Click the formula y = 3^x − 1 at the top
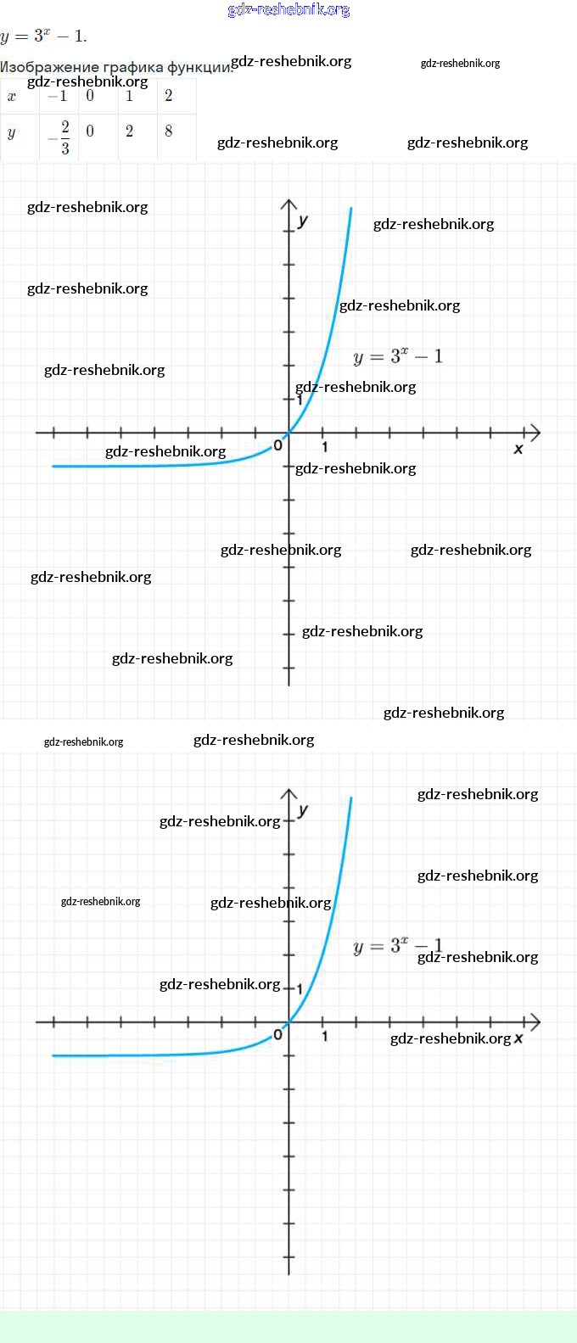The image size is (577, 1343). pyautogui.click(x=43, y=36)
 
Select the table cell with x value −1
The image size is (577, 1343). pyautogui.click(x=59, y=96)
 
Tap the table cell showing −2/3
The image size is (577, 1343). pyautogui.click(x=60, y=137)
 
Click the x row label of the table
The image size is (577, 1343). pyautogui.click(x=12, y=96)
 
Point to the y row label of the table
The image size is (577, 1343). pyautogui.click(x=12, y=132)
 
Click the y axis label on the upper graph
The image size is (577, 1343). pyautogui.click(x=303, y=221)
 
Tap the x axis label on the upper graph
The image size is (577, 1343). pyautogui.click(x=518, y=448)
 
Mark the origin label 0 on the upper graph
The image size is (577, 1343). pyautogui.click(x=277, y=445)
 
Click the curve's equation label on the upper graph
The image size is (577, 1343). pyautogui.click(x=397, y=356)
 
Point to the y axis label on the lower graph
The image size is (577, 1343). pyautogui.click(x=303, y=810)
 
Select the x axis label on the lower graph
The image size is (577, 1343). pyautogui.click(x=518, y=1038)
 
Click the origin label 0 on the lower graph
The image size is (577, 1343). pyautogui.click(x=277, y=1035)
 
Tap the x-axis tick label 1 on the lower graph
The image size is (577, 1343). pyautogui.click(x=324, y=1036)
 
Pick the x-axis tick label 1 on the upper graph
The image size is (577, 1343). pyautogui.click(x=324, y=446)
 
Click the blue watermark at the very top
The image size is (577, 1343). pyautogui.click(x=288, y=10)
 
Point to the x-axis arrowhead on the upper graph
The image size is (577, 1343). pyautogui.click(x=534, y=433)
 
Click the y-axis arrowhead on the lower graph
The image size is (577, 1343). pyautogui.click(x=288, y=795)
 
